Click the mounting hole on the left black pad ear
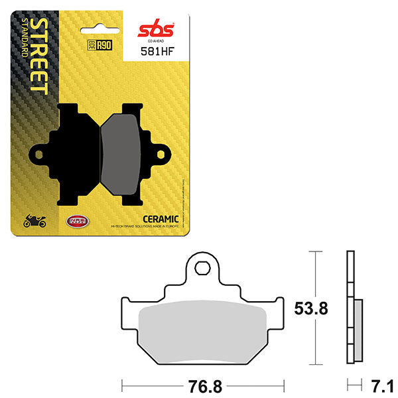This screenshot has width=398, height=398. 39,155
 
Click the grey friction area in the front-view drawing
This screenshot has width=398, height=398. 203,326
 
